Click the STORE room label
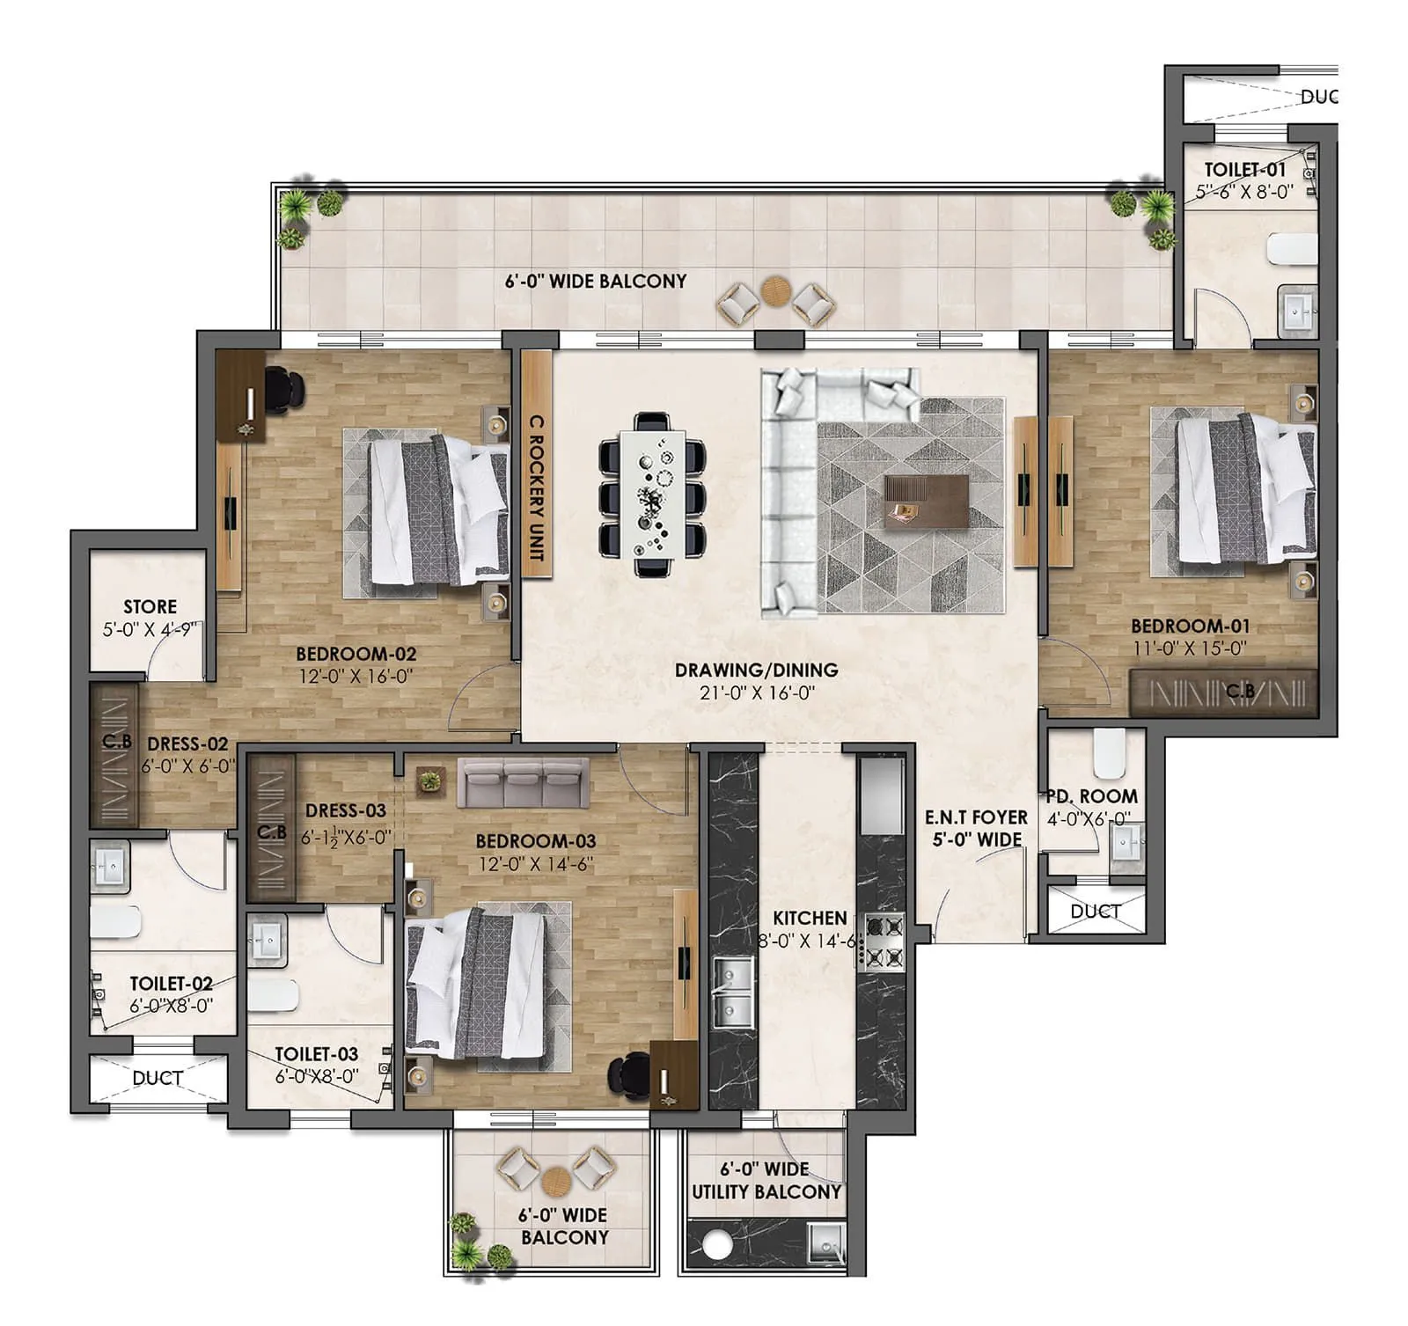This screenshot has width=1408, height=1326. [x=150, y=606]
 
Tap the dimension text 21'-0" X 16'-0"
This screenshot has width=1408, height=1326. [x=756, y=693]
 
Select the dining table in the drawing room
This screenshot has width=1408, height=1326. [x=652, y=494]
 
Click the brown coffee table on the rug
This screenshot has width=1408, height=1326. [x=926, y=502]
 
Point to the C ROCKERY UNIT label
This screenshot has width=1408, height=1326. [x=536, y=488]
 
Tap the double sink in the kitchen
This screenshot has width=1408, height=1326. [x=732, y=993]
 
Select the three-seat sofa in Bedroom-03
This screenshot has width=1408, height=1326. [x=523, y=783]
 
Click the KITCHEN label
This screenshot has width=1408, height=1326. [x=809, y=918]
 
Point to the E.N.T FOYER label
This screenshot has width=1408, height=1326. [x=976, y=817]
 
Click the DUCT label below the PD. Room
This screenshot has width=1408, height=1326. [x=1095, y=912]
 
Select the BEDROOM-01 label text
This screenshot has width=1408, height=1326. [x=1190, y=626]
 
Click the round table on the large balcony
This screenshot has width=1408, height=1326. [x=775, y=290]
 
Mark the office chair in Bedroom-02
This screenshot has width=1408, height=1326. [x=282, y=389]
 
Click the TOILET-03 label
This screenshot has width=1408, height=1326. [x=316, y=1054]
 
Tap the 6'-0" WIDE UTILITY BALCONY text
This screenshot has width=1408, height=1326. [x=766, y=1181]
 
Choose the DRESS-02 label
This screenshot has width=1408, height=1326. [x=187, y=744]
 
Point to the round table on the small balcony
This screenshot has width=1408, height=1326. [x=555, y=1179]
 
